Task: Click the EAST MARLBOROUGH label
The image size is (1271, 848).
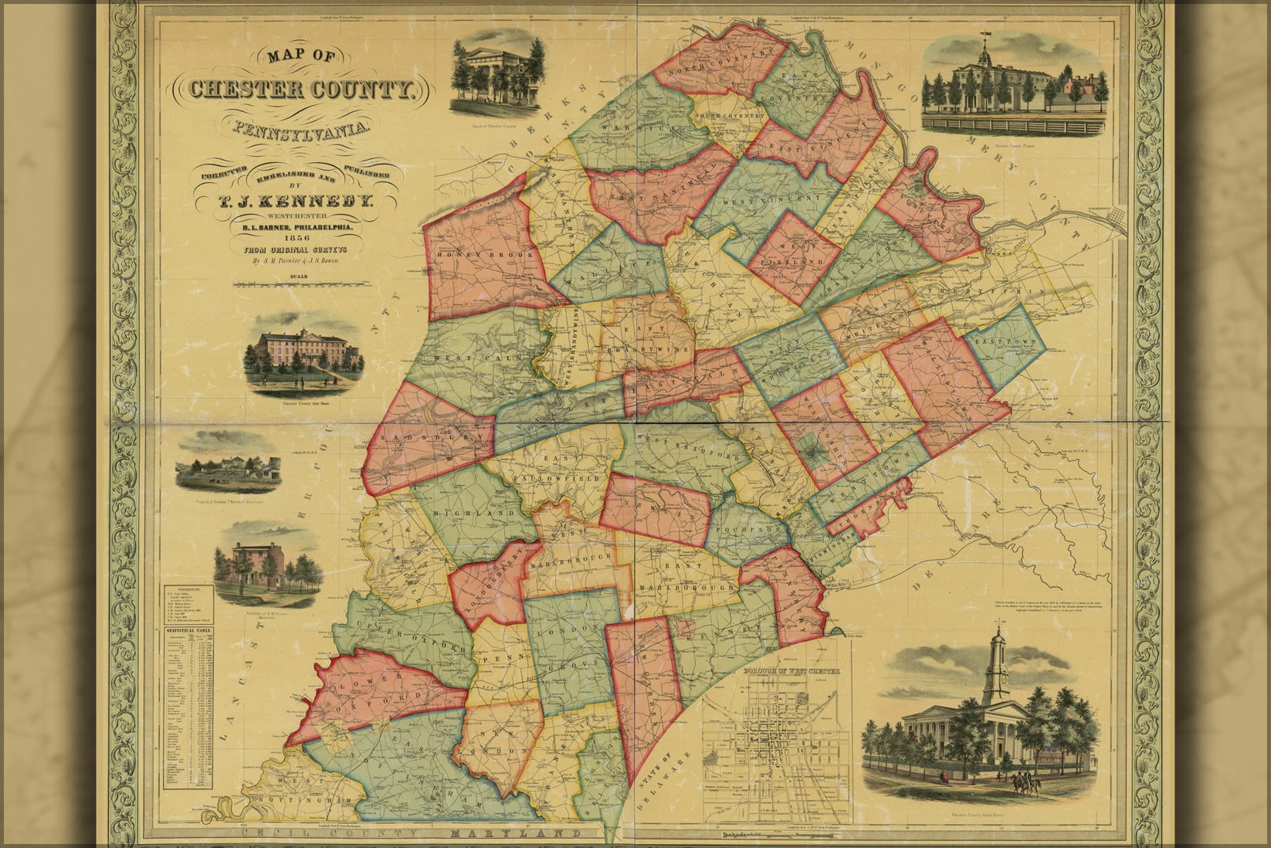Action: click(686, 578)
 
